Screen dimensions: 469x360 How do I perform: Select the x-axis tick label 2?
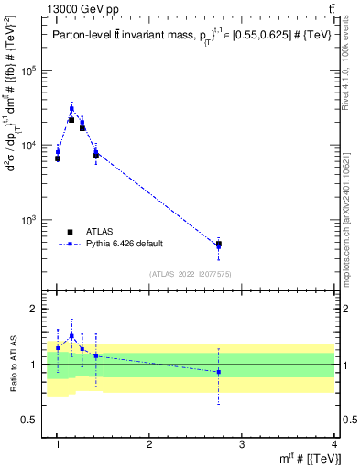pos(149,444)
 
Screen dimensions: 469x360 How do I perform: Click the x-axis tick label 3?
pos(242,444)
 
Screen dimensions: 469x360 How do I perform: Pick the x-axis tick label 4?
pos(333,444)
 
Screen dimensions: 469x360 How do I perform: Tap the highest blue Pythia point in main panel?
pos(71,108)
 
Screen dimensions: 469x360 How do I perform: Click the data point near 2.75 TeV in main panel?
pos(218,245)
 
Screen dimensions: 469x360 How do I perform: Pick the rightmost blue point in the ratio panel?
pos(218,371)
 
